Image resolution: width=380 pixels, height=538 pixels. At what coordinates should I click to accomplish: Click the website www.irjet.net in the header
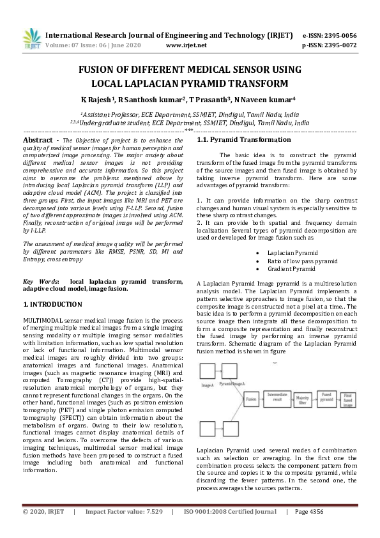[x=186, y=45]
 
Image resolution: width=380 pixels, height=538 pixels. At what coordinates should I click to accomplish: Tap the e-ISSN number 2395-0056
[x=339, y=35]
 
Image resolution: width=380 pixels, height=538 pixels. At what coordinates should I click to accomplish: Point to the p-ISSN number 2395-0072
[x=339, y=45]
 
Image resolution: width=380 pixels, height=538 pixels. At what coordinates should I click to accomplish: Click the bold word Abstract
[x=42, y=139]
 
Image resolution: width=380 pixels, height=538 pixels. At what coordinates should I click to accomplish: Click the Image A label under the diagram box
[x=208, y=385]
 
